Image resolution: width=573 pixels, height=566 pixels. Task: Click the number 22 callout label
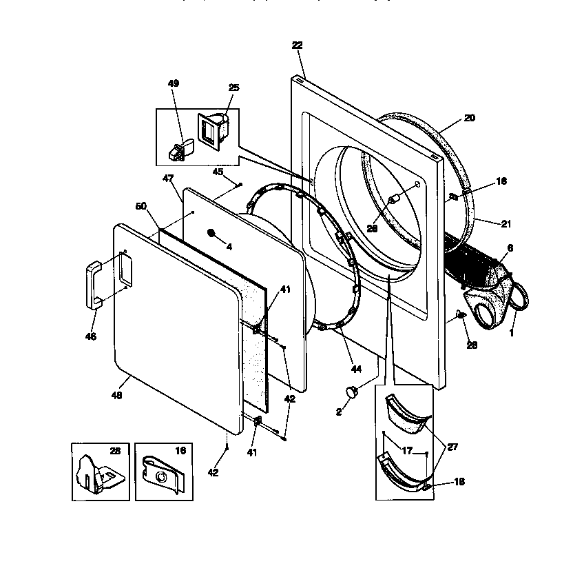point(297,45)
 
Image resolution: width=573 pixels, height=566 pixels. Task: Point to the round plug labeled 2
point(353,392)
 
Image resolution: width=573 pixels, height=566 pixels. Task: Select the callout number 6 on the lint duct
point(510,248)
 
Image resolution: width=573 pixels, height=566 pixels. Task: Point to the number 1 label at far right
point(512,334)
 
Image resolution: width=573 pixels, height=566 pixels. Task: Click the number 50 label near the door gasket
point(140,206)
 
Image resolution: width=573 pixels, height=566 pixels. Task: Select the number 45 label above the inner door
point(218,172)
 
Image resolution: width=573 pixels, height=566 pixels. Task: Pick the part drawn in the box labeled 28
point(96,474)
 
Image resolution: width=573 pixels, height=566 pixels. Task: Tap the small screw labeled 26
point(461,316)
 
